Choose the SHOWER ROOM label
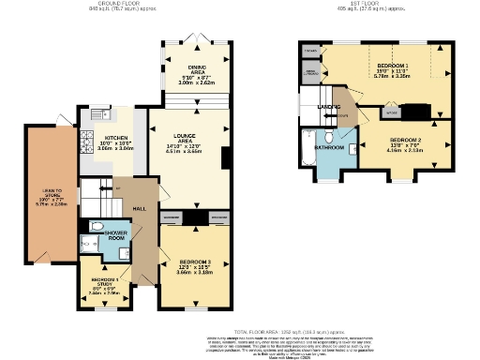117,234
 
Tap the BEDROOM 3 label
196,264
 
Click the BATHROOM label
329,147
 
